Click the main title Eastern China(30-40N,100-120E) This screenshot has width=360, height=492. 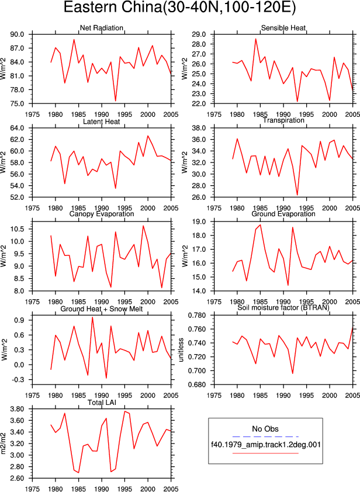coord(179,7)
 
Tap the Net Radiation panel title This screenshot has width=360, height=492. coord(101,28)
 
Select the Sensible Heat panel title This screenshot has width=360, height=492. coord(283,28)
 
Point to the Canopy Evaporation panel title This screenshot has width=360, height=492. coord(101,214)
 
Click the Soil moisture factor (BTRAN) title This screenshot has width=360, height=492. coord(283,307)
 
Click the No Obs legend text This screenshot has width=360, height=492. coord(265,429)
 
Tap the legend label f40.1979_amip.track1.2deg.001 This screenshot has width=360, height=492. coord(265,444)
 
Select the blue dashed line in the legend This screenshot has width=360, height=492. coord(265,436)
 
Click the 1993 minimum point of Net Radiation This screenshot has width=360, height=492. coord(116,101)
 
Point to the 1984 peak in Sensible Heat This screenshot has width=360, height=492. coord(255,39)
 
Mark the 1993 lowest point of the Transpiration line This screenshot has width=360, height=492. coord(297,195)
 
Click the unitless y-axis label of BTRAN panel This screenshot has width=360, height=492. coord(181,350)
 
